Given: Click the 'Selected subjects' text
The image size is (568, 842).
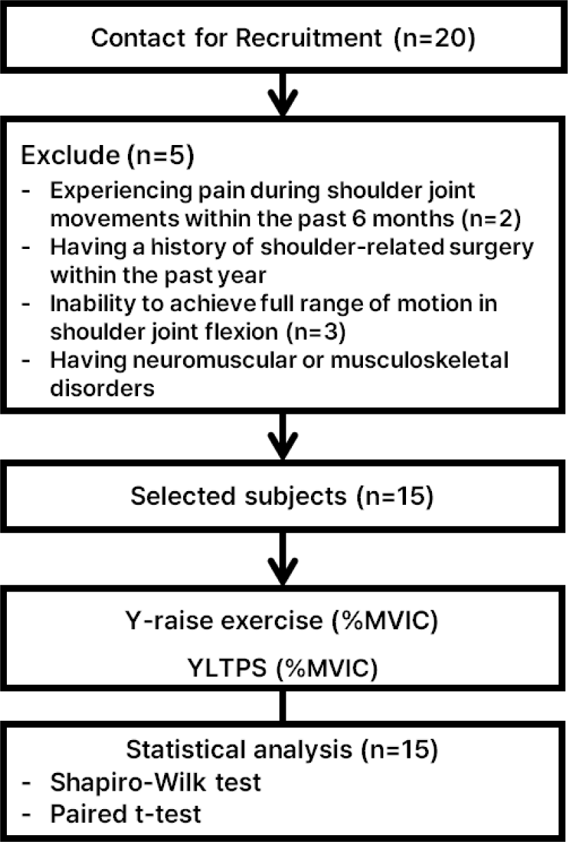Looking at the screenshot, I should pyautogui.click(x=239, y=496).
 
